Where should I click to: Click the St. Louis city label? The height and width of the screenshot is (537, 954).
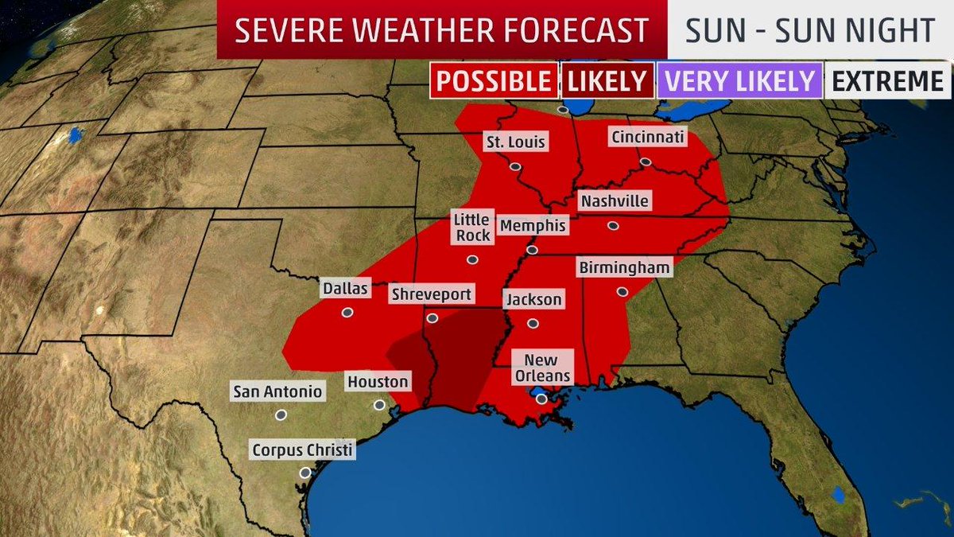pyautogui.click(x=516, y=142)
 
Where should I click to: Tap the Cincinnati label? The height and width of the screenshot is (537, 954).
pyautogui.click(x=647, y=137)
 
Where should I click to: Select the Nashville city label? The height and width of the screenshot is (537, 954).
pyautogui.click(x=614, y=201)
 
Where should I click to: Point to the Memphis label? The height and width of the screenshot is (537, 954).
pyautogui.click(x=533, y=226)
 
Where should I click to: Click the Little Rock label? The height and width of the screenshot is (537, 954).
pyautogui.click(x=471, y=227)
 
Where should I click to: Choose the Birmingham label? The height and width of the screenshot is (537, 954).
pyautogui.click(x=624, y=267)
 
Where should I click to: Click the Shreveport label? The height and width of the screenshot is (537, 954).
pyautogui.click(x=431, y=294)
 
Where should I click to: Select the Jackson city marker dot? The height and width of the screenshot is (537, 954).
pyautogui.click(x=533, y=324)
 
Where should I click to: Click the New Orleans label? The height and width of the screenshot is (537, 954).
pyautogui.click(x=541, y=368)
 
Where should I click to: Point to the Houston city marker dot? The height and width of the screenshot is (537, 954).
pyautogui.click(x=378, y=405)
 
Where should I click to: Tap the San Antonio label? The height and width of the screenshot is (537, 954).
pyautogui.click(x=277, y=391)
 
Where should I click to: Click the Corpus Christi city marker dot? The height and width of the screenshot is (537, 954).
pyautogui.click(x=304, y=473)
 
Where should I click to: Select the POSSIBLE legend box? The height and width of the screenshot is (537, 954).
pyautogui.click(x=494, y=80)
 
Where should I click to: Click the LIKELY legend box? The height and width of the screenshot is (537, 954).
pyautogui.click(x=607, y=80)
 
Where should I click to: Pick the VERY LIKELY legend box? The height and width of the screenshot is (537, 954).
pyautogui.click(x=740, y=80)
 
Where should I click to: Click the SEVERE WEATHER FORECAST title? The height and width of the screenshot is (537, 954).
pyautogui.click(x=442, y=30)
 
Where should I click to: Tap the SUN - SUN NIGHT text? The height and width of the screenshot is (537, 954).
pyautogui.click(x=809, y=30)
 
